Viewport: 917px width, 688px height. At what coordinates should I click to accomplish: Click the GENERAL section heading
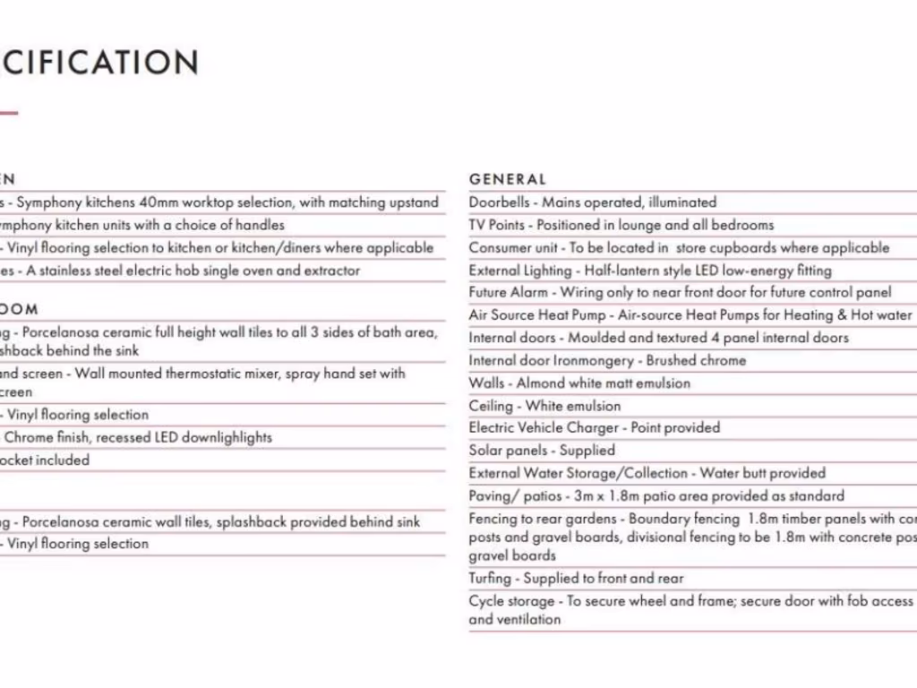[x=507, y=180]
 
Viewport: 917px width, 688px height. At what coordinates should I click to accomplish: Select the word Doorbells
[x=499, y=202]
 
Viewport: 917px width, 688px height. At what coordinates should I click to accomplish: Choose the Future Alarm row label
[x=508, y=292]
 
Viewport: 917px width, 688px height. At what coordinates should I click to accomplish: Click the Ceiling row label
[x=491, y=406]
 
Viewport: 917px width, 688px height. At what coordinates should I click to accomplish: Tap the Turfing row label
[x=490, y=579]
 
